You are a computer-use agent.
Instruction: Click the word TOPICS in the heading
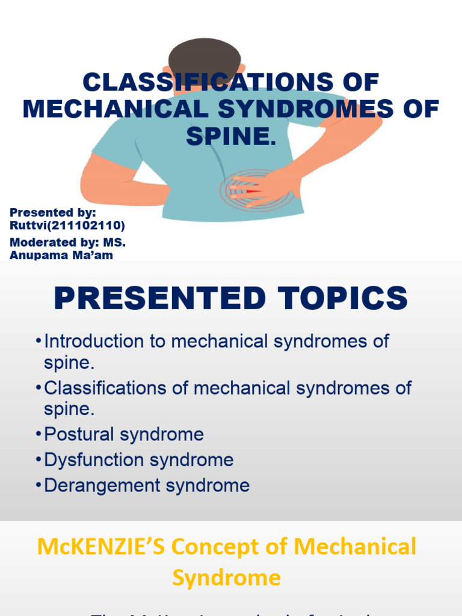tap(340, 299)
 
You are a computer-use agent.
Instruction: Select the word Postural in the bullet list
tap(79, 434)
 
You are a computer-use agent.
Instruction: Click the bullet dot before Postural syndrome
tap(38, 434)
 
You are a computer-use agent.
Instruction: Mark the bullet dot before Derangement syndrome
tap(38, 486)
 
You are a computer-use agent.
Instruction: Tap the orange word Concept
tap(214, 547)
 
